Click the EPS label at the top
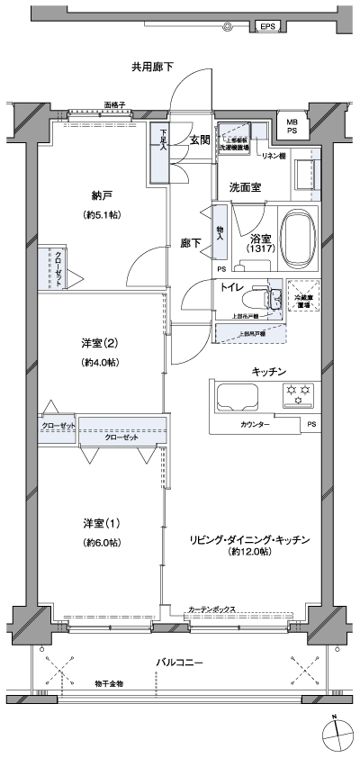coord(268,28)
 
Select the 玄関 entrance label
coord(200,140)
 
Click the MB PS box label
coord(292,126)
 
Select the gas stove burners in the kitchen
coord(298,391)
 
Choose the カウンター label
coord(255,423)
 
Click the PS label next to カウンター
coord(311,423)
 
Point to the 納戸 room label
coord(101,195)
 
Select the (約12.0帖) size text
coord(249,551)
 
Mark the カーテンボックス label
coord(212,609)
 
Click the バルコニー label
coord(179,663)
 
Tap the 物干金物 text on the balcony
coord(108,684)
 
